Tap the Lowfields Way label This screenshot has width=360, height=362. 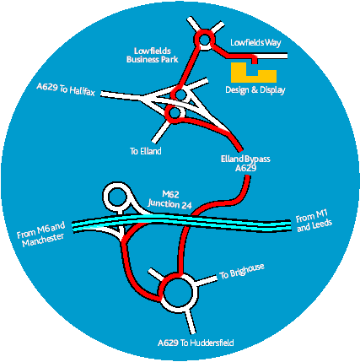255,43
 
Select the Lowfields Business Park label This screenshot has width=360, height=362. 153,55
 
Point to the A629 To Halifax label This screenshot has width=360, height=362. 66,89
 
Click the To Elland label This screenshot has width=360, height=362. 146,151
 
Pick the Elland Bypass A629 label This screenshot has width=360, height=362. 245,164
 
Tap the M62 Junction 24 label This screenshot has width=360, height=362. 170,200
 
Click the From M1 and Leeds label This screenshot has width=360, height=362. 314,221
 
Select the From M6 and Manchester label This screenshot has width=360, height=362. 41,235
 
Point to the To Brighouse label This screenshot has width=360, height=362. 242,271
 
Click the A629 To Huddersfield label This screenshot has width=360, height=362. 196,343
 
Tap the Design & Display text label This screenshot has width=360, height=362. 255,90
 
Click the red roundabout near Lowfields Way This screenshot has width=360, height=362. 205,40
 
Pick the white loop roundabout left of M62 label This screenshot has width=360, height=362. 105,197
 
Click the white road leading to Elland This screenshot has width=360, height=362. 160,132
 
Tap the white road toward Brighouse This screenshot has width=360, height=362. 207,280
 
